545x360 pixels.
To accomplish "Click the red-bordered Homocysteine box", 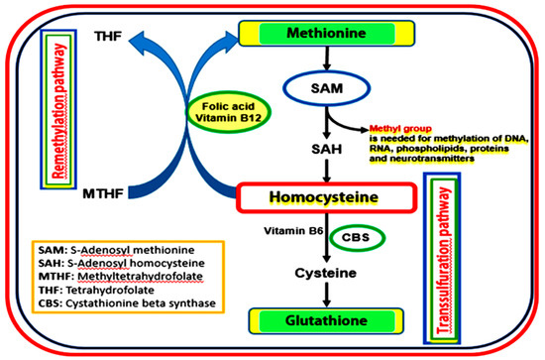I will pyautogui.click(x=310, y=197).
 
